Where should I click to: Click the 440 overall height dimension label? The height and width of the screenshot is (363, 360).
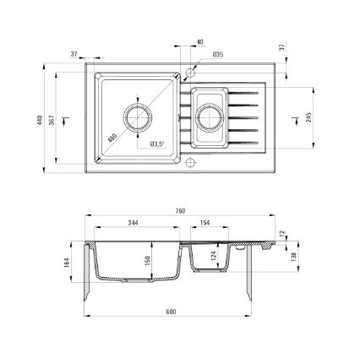(40, 120)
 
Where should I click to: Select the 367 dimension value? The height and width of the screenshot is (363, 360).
(52, 120)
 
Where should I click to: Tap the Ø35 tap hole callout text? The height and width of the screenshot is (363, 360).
(218, 55)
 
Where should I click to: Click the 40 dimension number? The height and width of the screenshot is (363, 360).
(199, 42)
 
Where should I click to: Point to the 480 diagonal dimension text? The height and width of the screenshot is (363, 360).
(112, 138)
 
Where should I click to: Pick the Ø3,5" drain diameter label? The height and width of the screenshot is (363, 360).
(157, 144)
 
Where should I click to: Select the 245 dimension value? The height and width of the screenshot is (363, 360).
(309, 117)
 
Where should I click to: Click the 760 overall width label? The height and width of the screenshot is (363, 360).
(180, 211)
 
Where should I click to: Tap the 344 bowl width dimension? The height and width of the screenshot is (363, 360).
(134, 223)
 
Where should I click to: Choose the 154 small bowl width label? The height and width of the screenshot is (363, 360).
(205, 223)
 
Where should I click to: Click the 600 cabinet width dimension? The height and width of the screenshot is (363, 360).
(171, 312)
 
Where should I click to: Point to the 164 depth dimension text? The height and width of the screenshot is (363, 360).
(67, 263)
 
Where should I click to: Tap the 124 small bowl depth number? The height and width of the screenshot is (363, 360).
(213, 256)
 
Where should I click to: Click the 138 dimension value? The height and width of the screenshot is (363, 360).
(294, 257)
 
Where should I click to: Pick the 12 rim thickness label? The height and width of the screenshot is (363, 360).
(283, 233)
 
